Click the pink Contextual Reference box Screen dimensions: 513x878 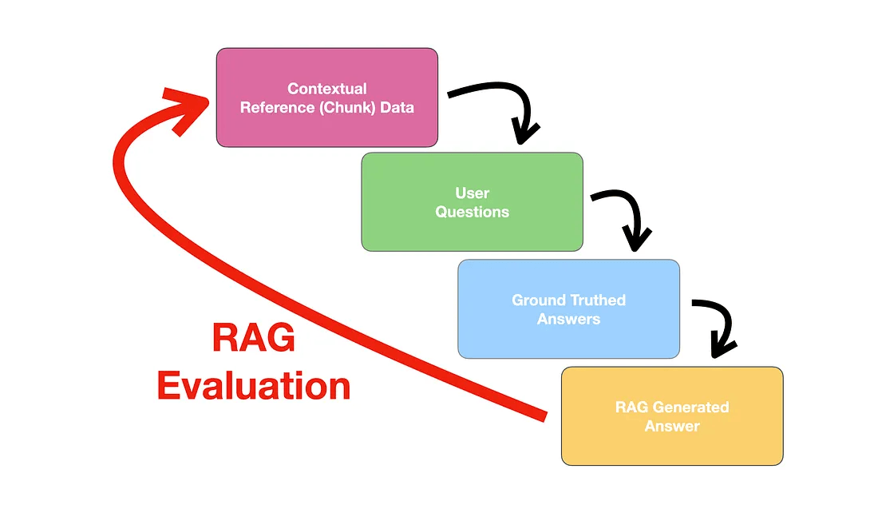pyautogui.click(x=327, y=128)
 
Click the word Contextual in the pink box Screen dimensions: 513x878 pyautogui.click(x=327, y=89)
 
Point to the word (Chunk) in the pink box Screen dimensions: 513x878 pyautogui.click(x=348, y=108)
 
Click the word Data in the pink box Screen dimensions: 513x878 pyautogui.click(x=397, y=108)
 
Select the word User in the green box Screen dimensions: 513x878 pyautogui.click(x=472, y=193)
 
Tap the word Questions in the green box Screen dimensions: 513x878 pyautogui.click(x=472, y=213)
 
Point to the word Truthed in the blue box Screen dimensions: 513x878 pyautogui.click(x=598, y=300)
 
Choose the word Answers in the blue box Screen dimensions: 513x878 pyautogui.click(x=568, y=320)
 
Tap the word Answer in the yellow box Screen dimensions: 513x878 pyautogui.click(x=672, y=427)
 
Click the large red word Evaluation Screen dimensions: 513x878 pyautogui.click(x=254, y=387)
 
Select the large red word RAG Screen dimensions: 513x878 pyautogui.click(x=254, y=339)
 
